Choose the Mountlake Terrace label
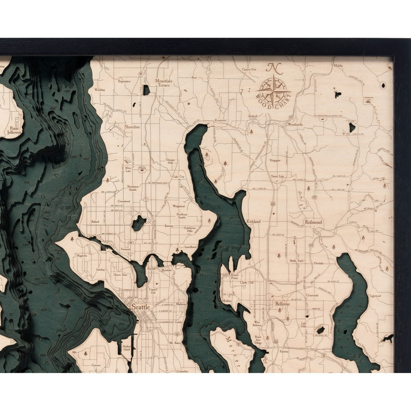163,83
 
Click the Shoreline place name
132,127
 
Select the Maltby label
338,66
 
